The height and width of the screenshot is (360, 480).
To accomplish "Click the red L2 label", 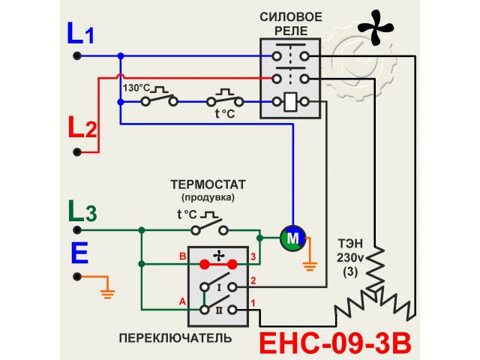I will click(82, 127).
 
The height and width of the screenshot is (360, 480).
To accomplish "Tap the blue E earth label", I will click(79, 253).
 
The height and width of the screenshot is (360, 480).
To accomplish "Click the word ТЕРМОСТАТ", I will click(208, 184).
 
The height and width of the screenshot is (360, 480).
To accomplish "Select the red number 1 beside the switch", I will click(253, 302).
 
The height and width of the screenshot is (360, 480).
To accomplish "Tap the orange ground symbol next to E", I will click(106, 288).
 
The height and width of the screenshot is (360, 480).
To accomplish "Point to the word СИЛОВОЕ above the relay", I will click(291, 16).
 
